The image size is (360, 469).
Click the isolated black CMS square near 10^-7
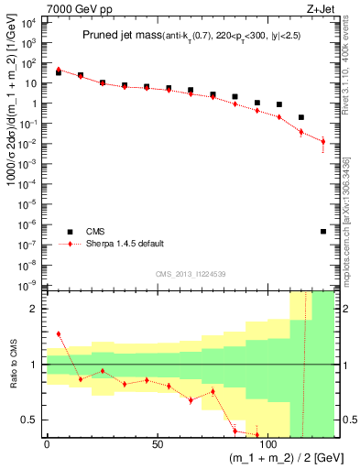pos(323,231)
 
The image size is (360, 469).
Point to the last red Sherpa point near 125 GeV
pos(323,141)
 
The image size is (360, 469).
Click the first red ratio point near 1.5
pos(59,334)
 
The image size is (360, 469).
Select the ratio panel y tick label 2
pos(35,309)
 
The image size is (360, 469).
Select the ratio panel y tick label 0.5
pos(30,420)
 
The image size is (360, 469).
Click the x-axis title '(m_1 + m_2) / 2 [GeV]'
pos(276,459)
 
